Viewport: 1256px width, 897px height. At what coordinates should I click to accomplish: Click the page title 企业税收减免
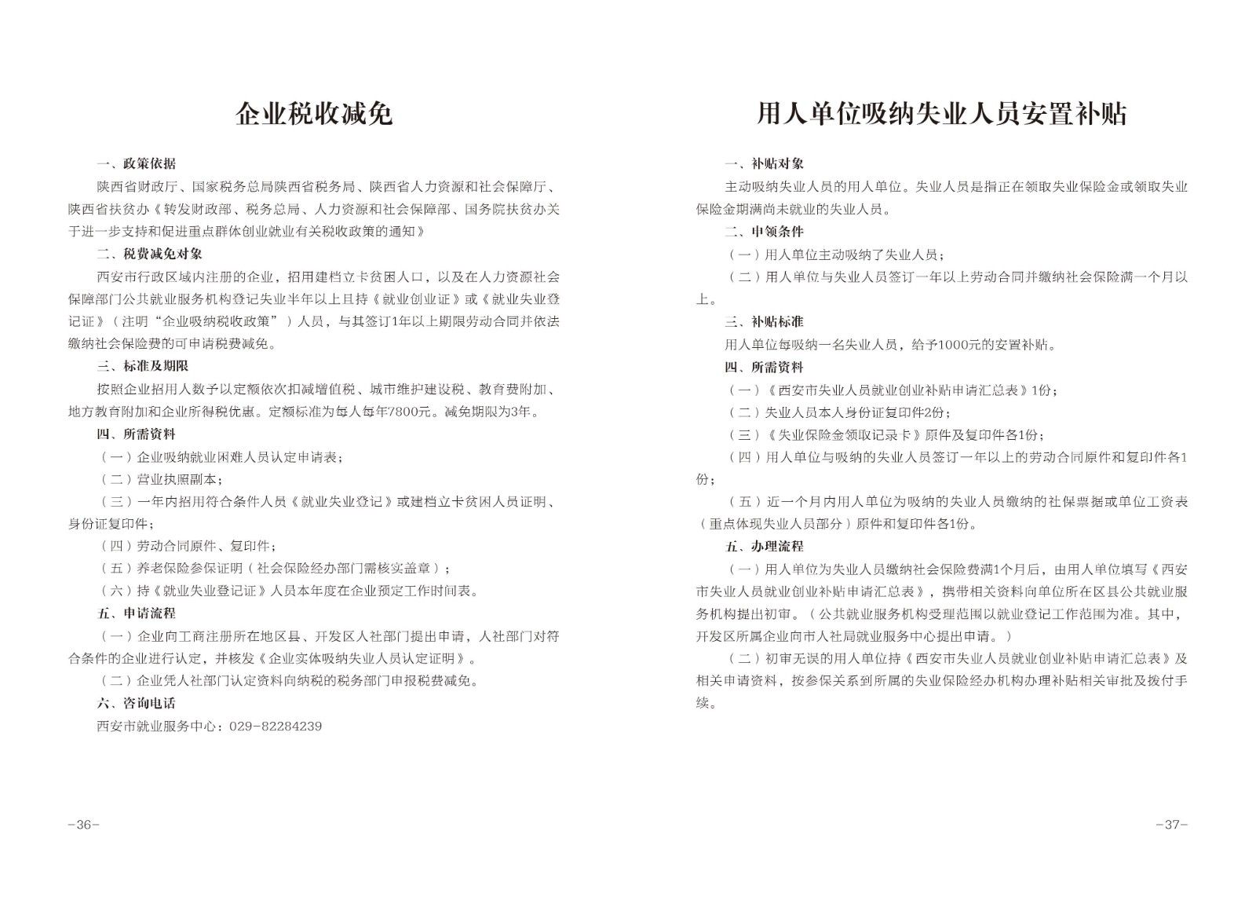pyautogui.click(x=314, y=115)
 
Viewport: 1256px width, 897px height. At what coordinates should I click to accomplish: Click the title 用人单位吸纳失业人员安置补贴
pyautogui.click(x=941, y=115)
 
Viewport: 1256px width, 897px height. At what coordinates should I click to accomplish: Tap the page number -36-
pyautogui.click(x=83, y=825)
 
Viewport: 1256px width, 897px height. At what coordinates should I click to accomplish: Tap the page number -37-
pyautogui.click(x=1171, y=825)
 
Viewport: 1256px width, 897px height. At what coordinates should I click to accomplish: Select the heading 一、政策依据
pyautogui.click(x=136, y=164)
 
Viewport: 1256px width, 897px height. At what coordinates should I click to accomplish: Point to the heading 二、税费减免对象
pyautogui.click(x=149, y=254)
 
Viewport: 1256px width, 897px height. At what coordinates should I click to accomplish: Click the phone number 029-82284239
pyautogui.click(x=275, y=726)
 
